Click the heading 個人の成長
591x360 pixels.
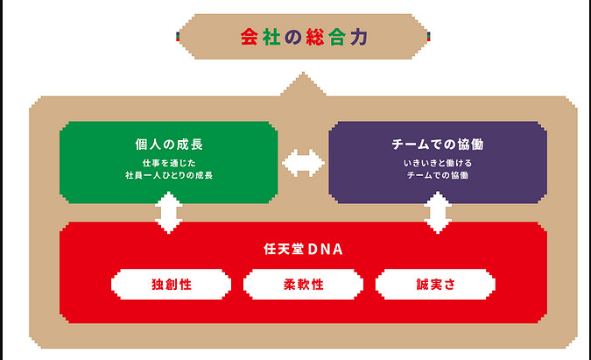[x=168, y=144]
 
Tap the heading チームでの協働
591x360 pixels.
[x=438, y=144]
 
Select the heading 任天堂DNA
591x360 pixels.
[x=302, y=250]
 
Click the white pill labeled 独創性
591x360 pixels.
[x=171, y=284]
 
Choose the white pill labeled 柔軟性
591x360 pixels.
[x=302, y=284]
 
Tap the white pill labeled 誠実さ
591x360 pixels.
[x=434, y=284]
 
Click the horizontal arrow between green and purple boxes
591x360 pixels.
[x=303, y=163]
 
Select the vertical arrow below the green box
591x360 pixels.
[x=168, y=212]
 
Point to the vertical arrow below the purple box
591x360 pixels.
[x=437, y=212]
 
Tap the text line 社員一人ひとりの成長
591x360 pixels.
[x=168, y=175]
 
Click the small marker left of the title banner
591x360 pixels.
[x=178, y=36]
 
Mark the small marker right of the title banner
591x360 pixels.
[x=430, y=36]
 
